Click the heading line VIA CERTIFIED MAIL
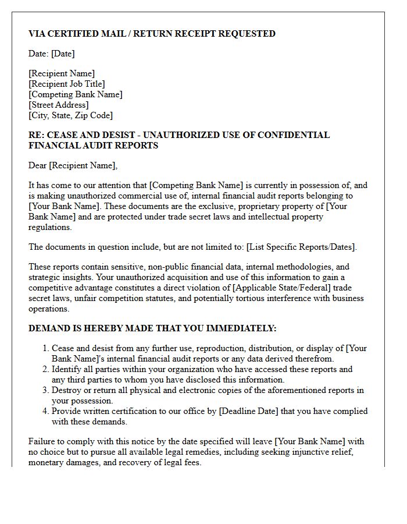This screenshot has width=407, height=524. pyautogui.click(x=152, y=34)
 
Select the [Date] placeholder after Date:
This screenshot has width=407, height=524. pyautogui.click(x=63, y=54)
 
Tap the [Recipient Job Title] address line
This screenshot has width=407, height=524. pyautogui.click(x=67, y=84)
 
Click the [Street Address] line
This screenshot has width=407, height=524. pyautogui.click(x=59, y=105)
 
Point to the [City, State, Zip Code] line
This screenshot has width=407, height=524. pyautogui.click(x=70, y=115)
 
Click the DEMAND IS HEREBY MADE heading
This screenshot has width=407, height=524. pyautogui.click(x=152, y=328)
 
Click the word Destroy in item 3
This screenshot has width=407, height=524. pyautogui.click(x=66, y=390)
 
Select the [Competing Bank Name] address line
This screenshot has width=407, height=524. pyautogui.click(x=76, y=94)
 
